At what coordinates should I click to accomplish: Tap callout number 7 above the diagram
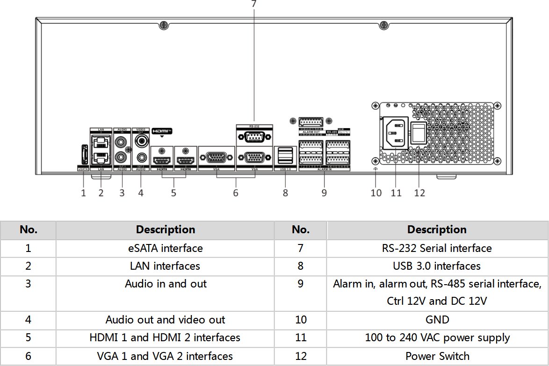click(254, 4)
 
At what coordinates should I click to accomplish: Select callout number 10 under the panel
click(376, 193)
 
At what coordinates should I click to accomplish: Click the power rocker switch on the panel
click(419, 133)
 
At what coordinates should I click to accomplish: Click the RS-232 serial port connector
click(254, 137)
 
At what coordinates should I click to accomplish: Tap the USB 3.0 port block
click(285, 155)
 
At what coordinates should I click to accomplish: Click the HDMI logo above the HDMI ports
click(162, 131)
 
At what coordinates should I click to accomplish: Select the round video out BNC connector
click(141, 139)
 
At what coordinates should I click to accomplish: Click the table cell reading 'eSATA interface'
click(165, 248)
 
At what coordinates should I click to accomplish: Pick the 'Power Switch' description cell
click(437, 356)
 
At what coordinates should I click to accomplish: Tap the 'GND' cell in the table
click(437, 320)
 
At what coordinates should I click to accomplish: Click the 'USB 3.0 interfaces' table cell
click(437, 266)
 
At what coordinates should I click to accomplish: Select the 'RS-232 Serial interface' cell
click(437, 248)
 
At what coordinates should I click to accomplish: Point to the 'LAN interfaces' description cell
click(165, 266)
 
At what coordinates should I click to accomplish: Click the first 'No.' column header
click(28, 230)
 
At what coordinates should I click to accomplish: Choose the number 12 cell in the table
click(301, 356)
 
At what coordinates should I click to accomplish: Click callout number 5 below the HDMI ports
click(173, 193)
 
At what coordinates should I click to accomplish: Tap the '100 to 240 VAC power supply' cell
click(437, 337)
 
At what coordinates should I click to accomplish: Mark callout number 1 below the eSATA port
click(83, 193)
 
